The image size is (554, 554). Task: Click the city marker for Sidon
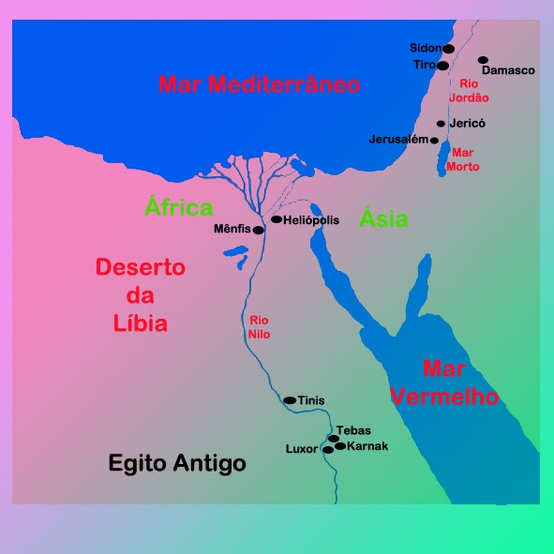point(448,48)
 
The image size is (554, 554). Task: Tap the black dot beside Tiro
point(443,66)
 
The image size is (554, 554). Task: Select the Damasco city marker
point(484,60)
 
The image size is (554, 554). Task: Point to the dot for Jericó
point(441,124)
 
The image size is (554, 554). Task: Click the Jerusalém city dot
point(434,141)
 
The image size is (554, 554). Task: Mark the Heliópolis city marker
point(277,219)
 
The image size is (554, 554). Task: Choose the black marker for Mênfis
point(259,229)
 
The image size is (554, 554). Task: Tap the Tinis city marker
point(290,400)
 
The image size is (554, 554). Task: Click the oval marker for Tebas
point(333,438)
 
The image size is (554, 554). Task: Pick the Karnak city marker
point(340,446)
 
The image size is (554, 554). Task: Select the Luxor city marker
point(327,450)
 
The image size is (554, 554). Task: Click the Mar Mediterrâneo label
point(260,84)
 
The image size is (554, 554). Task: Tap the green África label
point(179,208)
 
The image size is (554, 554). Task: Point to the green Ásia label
point(385,219)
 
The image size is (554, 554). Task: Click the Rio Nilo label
point(258,326)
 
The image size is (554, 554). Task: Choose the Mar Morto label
point(465,159)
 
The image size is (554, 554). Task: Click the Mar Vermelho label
point(444,382)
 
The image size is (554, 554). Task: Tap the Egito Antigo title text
point(177,463)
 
